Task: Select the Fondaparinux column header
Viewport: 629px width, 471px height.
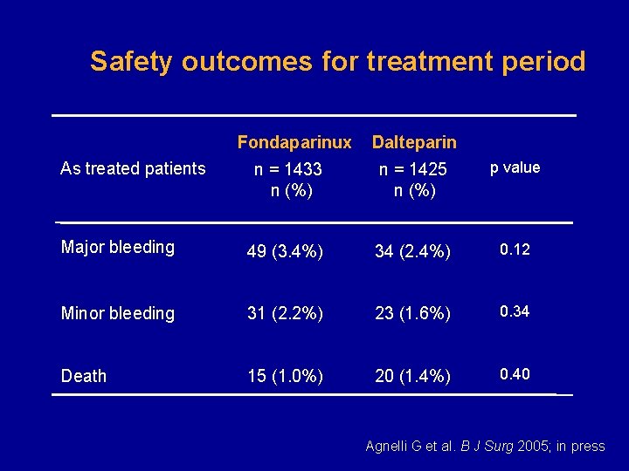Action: (x=294, y=142)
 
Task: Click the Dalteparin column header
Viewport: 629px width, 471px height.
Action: (x=414, y=142)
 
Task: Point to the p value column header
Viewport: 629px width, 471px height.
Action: (x=515, y=167)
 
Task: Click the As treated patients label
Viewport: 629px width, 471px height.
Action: (x=133, y=168)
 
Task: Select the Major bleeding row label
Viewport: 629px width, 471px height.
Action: (x=118, y=248)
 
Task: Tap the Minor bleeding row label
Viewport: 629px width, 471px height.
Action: (x=118, y=313)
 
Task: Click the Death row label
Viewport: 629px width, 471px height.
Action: (x=84, y=376)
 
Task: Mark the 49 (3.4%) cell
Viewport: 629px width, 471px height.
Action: (x=285, y=252)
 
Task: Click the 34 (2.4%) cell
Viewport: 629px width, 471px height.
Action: (x=412, y=252)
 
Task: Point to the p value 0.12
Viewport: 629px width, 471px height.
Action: (x=515, y=250)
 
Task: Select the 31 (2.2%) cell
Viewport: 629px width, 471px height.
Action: (x=285, y=313)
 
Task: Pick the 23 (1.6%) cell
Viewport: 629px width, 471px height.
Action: (x=412, y=313)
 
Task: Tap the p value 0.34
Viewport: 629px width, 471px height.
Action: (x=515, y=311)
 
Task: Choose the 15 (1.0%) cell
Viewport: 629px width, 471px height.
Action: (x=285, y=376)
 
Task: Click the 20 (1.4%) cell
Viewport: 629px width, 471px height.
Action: (x=412, y=376)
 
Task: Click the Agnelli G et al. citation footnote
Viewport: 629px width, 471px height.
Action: (x=485, y=447)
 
